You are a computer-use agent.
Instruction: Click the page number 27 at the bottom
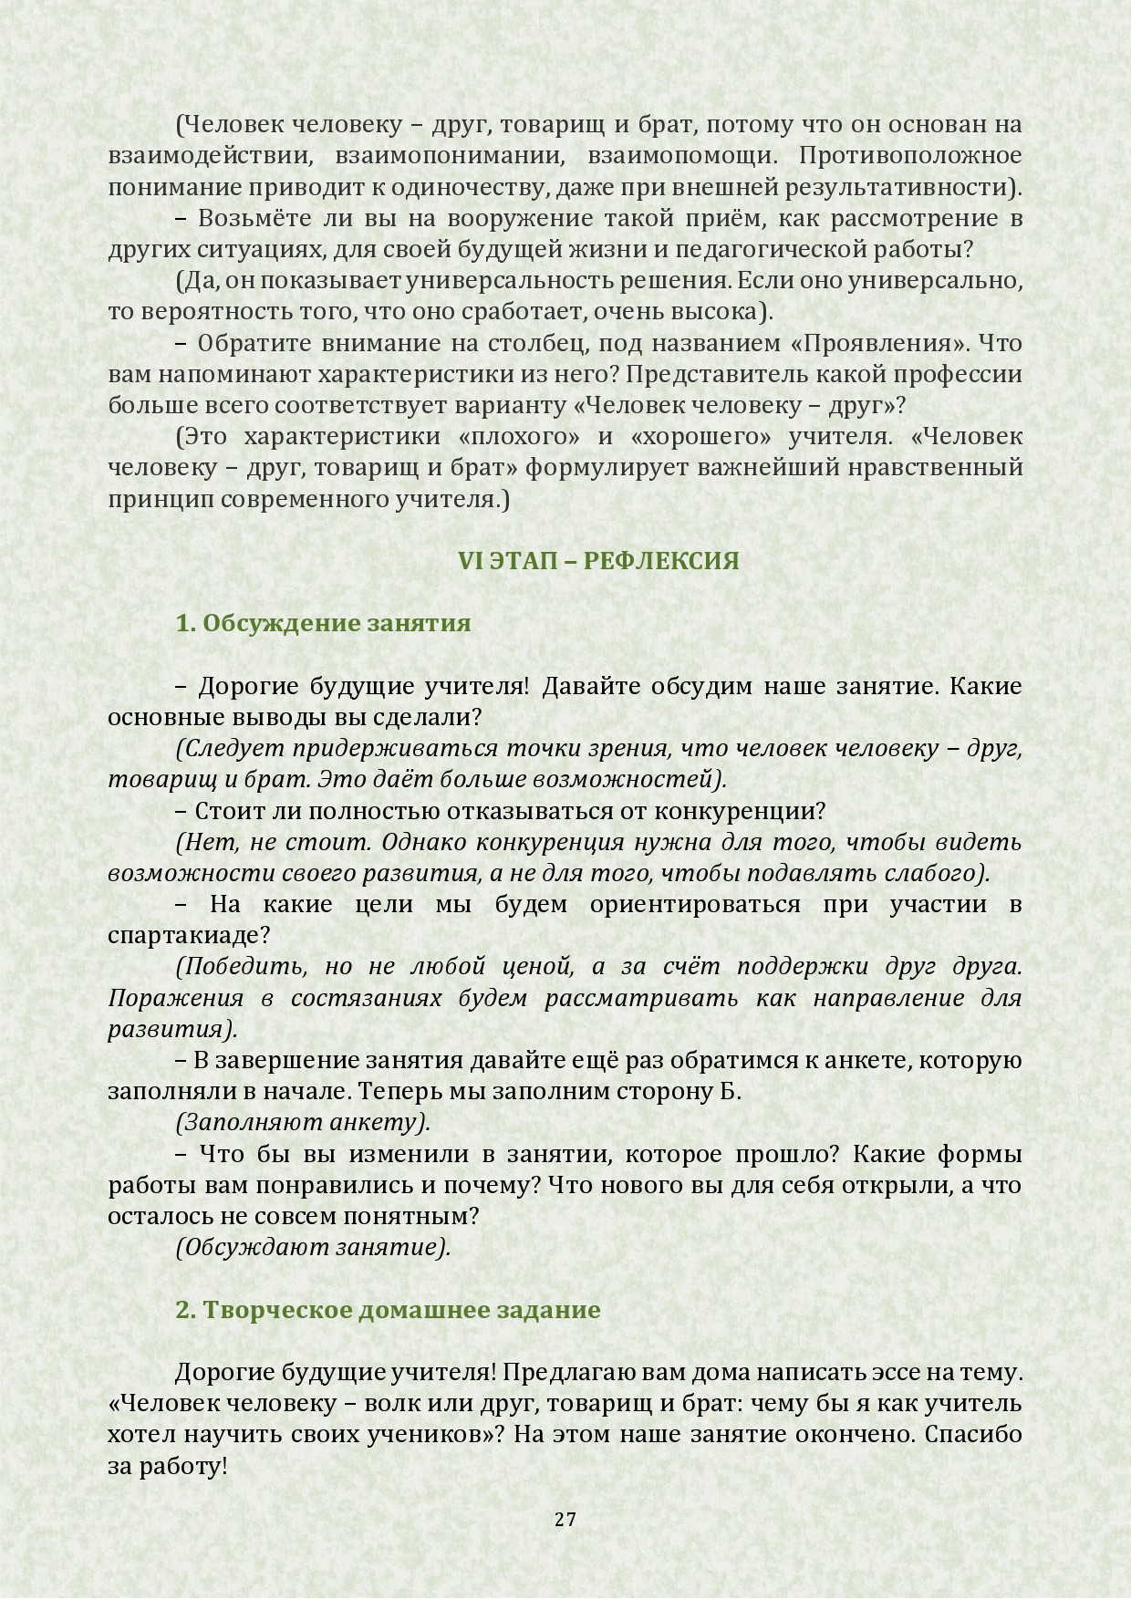point(565,1520)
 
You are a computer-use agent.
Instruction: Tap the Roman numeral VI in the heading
point(470,560)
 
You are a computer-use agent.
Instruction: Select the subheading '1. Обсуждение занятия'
point(323,623)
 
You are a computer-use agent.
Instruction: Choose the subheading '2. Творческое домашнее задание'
point(388,1310)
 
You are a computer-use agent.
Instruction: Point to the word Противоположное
point(910,156)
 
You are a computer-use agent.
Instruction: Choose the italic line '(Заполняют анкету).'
point(303,1122)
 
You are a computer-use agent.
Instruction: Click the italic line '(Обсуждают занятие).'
point(313,1247)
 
